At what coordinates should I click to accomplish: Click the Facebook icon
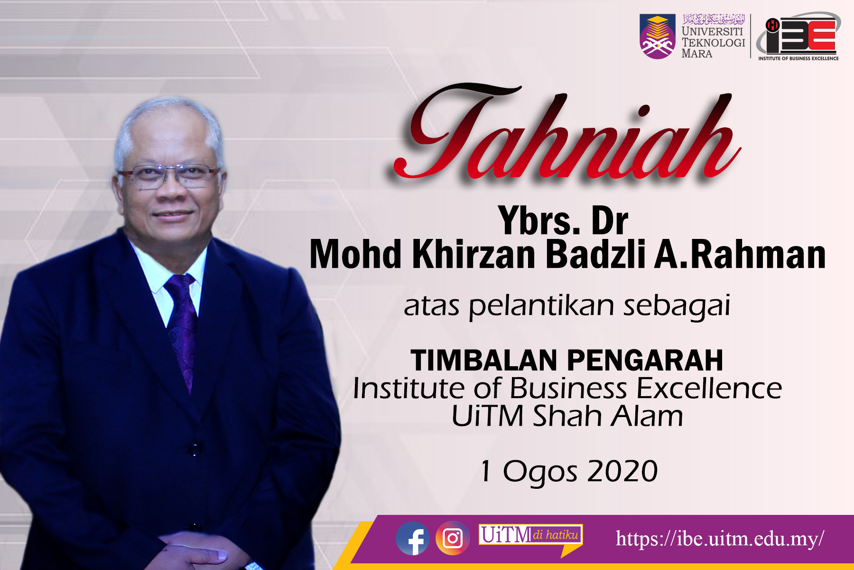coord(413,538)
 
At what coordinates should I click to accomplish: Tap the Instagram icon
coord(453,538)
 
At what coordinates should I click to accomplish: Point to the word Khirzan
coord(474,255)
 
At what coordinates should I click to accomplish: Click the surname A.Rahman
coord(740,255)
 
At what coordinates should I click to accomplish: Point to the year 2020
coord(622,471)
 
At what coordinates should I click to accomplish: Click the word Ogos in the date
coord(540,473)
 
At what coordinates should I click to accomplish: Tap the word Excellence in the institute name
coord(709,388)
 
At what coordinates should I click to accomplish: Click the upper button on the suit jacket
coord(194,449)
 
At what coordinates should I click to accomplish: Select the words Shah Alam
coord(608,416)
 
